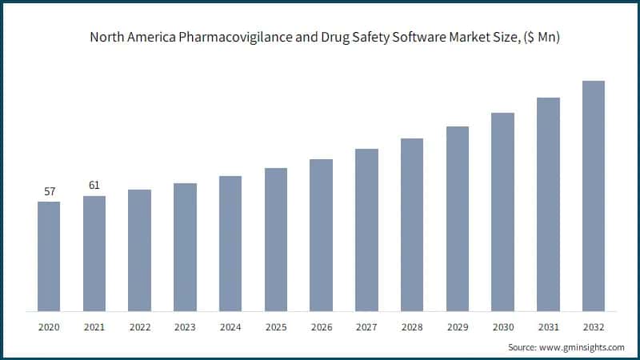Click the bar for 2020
click(x=49, y=256)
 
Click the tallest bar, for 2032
click(x=594, y=195)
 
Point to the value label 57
click(x=49, y=192)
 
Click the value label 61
click(x=94, y=186)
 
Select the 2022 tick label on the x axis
click(x=139, y=326)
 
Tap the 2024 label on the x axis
click(x=230, y=326)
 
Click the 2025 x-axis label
click(x=275, y=326)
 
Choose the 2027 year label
click(x=366, y=326)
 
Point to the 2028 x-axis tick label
click(x=412, y=326)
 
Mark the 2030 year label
click(x=502, y=326)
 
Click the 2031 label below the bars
click(x=548, y=326)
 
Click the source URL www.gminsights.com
click(x=581, y=347)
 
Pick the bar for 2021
click(x=94, y=253)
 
